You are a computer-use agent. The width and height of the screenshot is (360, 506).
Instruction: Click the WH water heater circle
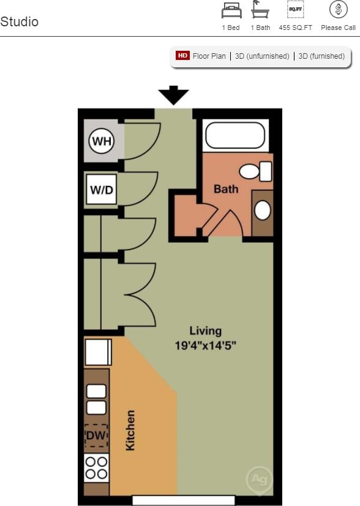(102, 142)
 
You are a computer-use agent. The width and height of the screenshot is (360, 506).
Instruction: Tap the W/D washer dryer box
(102, 190)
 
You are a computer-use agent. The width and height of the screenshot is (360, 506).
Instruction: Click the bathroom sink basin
(263, 210)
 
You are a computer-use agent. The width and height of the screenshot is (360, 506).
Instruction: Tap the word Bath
(225, 189)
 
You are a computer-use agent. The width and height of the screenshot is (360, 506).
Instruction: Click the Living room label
(205, 331)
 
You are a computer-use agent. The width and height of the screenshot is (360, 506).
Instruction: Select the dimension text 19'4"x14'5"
(205, 345)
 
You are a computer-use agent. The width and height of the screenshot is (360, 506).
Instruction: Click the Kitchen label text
(130, 430)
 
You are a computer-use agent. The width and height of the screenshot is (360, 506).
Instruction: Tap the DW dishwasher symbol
(96, 436)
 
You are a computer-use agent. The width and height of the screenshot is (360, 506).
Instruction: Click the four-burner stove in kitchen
(96, 467)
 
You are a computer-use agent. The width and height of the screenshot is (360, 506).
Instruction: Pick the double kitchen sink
(96, 399)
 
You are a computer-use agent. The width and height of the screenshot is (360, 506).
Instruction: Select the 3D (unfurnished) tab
(262, 56)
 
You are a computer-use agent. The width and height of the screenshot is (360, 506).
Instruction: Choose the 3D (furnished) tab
(321, 56)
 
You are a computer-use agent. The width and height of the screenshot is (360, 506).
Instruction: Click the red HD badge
(182, 56)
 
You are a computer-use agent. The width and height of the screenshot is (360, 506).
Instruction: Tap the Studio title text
(19, 22)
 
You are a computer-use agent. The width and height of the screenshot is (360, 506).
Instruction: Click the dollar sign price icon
(338, 10)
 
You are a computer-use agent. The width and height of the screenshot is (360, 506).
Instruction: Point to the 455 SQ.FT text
(295, 28)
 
